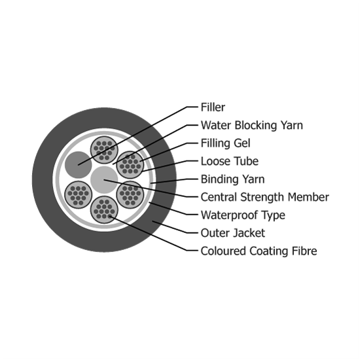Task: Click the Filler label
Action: click(213, 107)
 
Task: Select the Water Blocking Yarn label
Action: click(252, 126)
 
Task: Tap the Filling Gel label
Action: click(225, 143)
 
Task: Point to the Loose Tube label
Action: click(230, 161)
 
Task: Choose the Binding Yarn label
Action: click(232, 179)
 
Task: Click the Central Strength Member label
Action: click(265, 197)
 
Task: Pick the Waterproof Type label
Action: click(243, 215)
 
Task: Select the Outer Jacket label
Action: click(233, 233)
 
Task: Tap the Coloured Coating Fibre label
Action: click(259, 251)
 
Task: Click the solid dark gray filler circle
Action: click(79, 164)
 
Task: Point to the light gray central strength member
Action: click(104, 179)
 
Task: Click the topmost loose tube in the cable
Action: click(104, 150)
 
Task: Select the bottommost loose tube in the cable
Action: click(104, 209)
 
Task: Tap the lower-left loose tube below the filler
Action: click(79, 194)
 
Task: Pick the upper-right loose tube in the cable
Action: click(130, 164)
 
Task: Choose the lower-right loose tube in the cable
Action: click(130, 194)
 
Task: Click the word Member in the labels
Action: click(308, 197)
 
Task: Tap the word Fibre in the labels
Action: click(304, 251)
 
